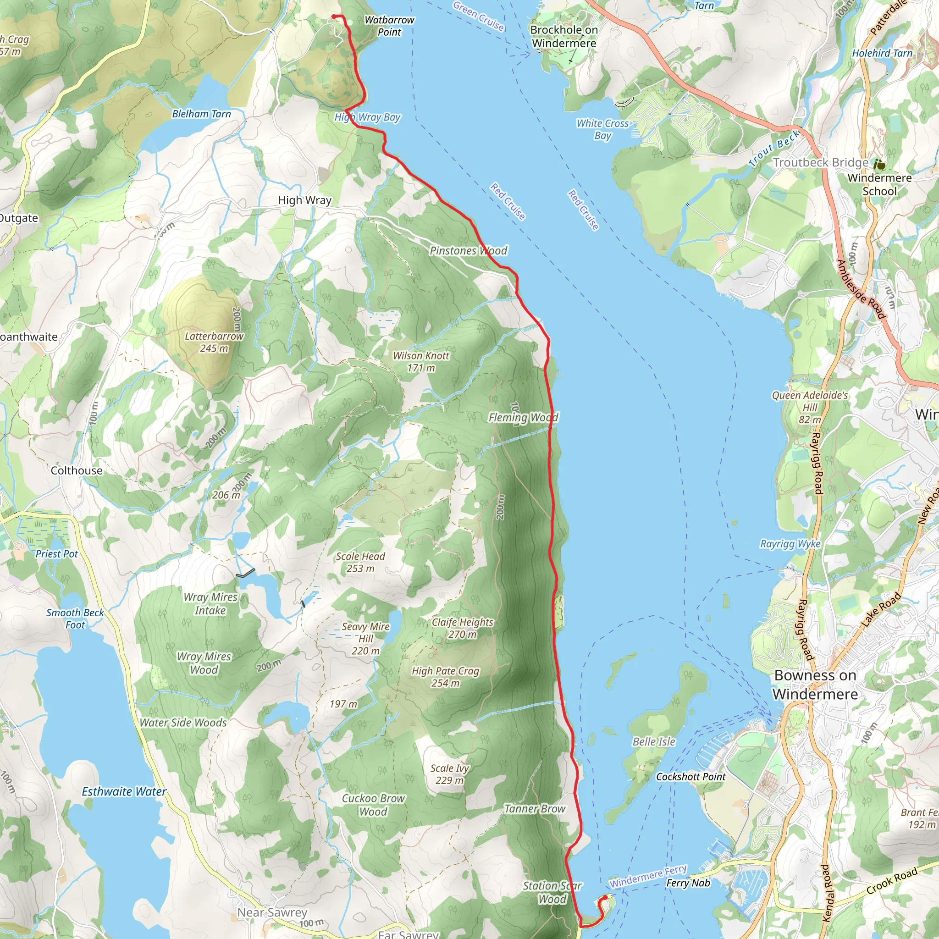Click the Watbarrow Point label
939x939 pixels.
[x=389, y=26]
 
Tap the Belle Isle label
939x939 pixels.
[x=654, y=741]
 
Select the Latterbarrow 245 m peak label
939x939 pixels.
[x=214, y=342]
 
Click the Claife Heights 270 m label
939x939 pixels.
[x=462, y=628]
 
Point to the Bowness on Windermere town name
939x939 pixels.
[x=815, y=685]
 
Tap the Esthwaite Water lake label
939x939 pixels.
[x=124, y=792]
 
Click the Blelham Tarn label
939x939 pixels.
[x=201, y=114]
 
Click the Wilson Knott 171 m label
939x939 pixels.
[x=421, y=362]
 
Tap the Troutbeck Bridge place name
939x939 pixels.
[x=820, y=162]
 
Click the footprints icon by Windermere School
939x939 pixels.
[x=879, y=164]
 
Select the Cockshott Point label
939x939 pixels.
[x=690, y=777]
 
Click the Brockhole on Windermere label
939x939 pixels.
[x=564, y=37]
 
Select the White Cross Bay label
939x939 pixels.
[x=602, y=129]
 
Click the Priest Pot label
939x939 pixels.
[x=56, y=553]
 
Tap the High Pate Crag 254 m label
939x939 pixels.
[x=445, y=677]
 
